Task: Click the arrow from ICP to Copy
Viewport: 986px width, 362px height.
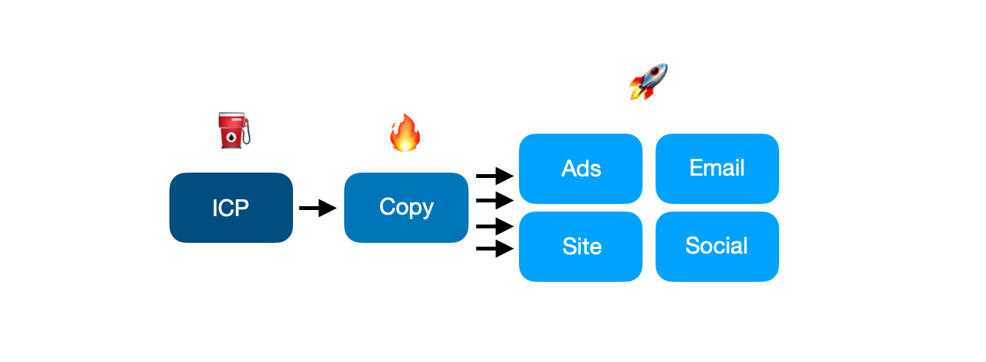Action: pos(317,208)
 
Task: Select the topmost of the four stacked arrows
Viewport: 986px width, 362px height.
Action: pos(495,176)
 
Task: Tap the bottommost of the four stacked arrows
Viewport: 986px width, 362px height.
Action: pos(495,248)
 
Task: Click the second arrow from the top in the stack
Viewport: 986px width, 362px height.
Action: pos(495,201)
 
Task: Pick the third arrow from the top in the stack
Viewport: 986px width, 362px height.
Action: pos(495,226)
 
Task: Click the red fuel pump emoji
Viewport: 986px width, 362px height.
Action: pos(232,130)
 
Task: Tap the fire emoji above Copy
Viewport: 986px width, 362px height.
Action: pos(404,133)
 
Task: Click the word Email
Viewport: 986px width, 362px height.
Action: pos(717,168)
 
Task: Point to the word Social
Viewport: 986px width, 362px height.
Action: pos(717,246)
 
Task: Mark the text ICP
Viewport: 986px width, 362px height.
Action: pos(231,208)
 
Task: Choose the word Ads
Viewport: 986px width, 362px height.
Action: pos(581,169)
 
